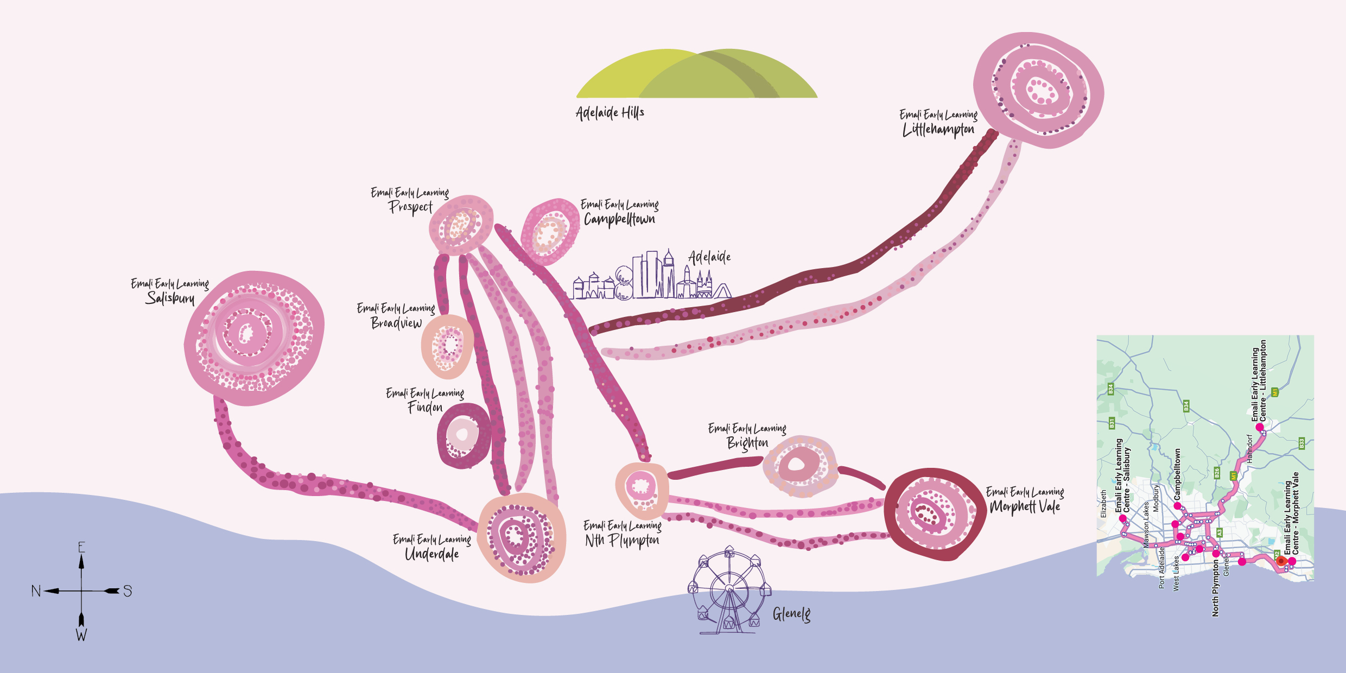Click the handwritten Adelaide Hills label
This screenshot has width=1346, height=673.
(x=609, y=112)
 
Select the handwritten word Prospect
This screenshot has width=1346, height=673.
(x=411, y=207)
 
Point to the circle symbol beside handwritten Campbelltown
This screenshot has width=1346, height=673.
(x=549, y=232)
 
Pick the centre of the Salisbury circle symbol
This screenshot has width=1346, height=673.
(x=247, y=334)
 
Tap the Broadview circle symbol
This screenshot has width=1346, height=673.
(x=447, y=346)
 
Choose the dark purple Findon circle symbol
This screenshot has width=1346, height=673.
(x=463, y=435)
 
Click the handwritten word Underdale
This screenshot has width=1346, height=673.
(x=431, y=554)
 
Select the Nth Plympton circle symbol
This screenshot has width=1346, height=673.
(x=642, y=488)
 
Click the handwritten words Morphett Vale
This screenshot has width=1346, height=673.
(x=1025, y=506)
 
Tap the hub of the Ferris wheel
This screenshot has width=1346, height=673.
(x=729, y=589)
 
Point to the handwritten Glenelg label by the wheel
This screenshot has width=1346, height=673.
(x=791, y=614)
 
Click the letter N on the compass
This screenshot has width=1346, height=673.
(x=36, y=591)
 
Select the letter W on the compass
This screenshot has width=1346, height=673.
(x=81, y=634)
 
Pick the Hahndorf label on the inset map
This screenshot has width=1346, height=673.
(x=1249, y=448)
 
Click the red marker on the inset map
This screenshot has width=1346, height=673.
(x=1281, y=561)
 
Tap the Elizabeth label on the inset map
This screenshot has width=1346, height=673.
(x=1103, y=504)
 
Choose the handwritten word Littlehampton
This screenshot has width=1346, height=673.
(x=938, y=130)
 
